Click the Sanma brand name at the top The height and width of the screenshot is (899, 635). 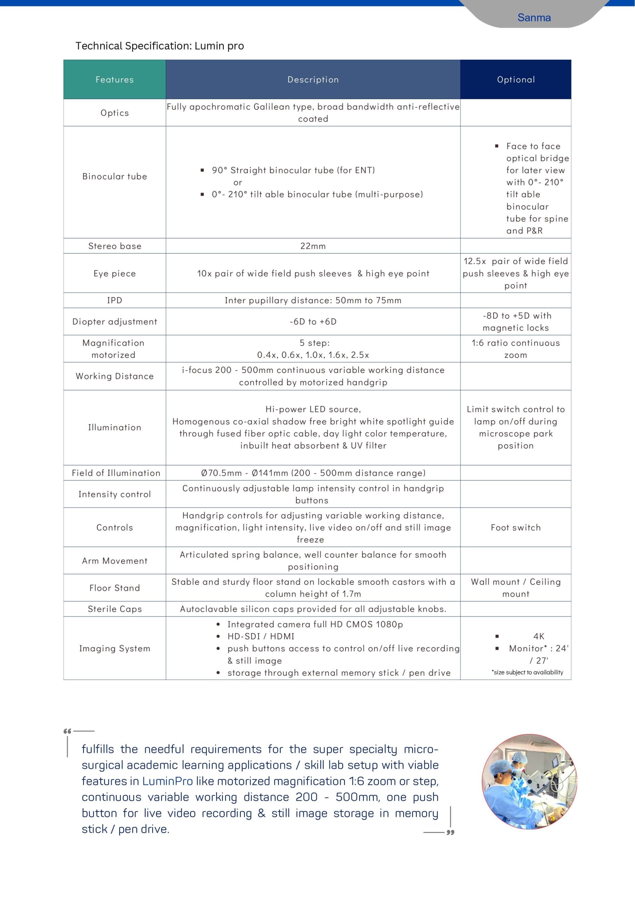click(534, 18)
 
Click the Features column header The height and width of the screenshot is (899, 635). click(114, 79)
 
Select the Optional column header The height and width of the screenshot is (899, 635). click(515, 79)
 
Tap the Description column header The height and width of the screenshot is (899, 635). click(313, 79)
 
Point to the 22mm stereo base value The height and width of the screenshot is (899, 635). click(313, 246)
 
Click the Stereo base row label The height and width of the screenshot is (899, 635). click(114, 246)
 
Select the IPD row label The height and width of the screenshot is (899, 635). click(114, 300)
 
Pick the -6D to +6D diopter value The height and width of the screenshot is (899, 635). click(313, 321)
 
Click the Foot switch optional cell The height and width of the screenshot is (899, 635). click(515, 527)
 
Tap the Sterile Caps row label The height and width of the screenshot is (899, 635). click(114, 609)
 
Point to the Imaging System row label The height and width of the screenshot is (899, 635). click(114, 648)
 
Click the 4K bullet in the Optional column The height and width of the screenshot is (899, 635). click(539, 636)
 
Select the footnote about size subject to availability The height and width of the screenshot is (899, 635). click(527, 672)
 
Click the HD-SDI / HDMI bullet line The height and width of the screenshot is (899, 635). click(261, 636)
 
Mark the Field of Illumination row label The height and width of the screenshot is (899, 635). click(116, 473)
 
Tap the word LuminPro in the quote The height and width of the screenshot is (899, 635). click(167, 781)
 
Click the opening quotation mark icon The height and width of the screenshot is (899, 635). click(67, 731)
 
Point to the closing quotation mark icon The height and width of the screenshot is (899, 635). click(450, 832)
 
